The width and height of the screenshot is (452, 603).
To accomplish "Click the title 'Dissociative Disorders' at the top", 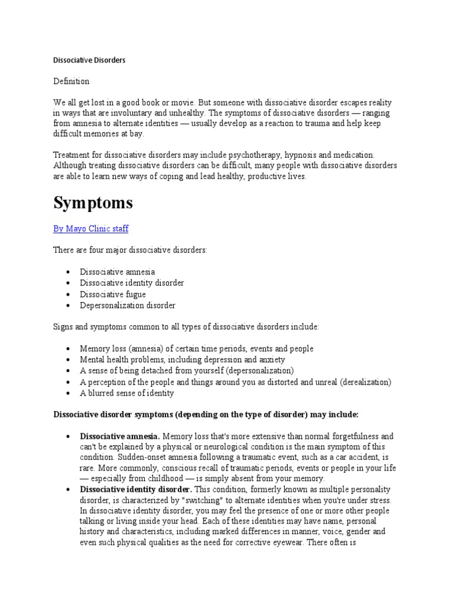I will point(89,60).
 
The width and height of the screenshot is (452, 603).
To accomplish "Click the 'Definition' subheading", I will point(71,81).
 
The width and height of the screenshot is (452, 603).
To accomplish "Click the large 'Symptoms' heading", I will point(93,203).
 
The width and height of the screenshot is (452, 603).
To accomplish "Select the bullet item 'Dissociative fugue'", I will point(113,294).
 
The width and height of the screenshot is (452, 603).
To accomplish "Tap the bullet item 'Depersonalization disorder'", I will point(128,305).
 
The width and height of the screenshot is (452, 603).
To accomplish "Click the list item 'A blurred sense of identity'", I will point(127,393).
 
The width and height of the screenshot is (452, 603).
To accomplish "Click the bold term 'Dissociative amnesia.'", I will point(119,436).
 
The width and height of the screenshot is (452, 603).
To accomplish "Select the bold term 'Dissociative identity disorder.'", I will point(136,489).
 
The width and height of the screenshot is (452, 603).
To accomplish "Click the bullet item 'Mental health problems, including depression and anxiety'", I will point(182,359).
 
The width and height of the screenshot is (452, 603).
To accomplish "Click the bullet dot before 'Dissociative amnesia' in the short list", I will point(68,272).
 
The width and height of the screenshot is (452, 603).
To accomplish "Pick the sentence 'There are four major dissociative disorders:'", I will point(130,250).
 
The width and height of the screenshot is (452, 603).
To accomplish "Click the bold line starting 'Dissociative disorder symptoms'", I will point(206,415).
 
